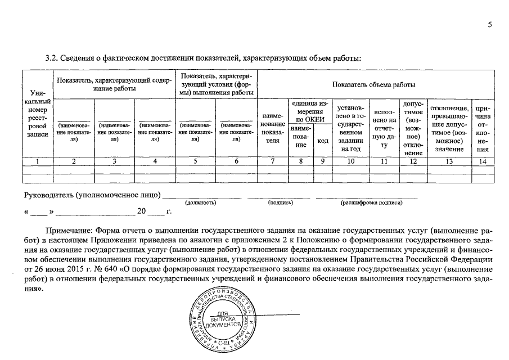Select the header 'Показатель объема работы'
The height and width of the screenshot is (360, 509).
point(374,85)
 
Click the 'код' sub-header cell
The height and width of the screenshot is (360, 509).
point(323,141)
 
